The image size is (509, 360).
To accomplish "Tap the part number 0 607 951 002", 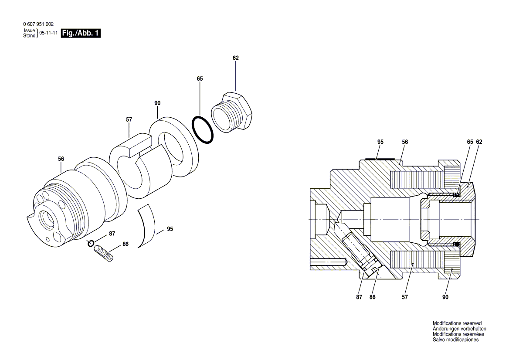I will [x=38, y=24].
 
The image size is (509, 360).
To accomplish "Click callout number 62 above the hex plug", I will [x=236, y=58].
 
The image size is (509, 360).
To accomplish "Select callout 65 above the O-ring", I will [x=200, y=79].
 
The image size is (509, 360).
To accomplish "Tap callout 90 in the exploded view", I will [x=157, y=103].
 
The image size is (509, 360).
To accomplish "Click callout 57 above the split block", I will [x=129, y=119].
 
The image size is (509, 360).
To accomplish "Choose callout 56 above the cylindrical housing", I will [x=61, y=159].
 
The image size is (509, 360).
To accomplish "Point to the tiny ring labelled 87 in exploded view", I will [x=91, y=243].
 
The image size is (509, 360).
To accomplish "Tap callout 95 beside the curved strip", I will [x=170, y=229].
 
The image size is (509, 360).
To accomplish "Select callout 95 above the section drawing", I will [x=380, y=142].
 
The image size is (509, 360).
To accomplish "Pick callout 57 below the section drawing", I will [x=405, y=297].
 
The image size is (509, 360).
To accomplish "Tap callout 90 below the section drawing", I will [x=445, y=297].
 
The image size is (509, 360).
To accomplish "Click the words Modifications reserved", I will [x=457, y=323].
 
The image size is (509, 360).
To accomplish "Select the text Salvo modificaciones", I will [x=455, y=340].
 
